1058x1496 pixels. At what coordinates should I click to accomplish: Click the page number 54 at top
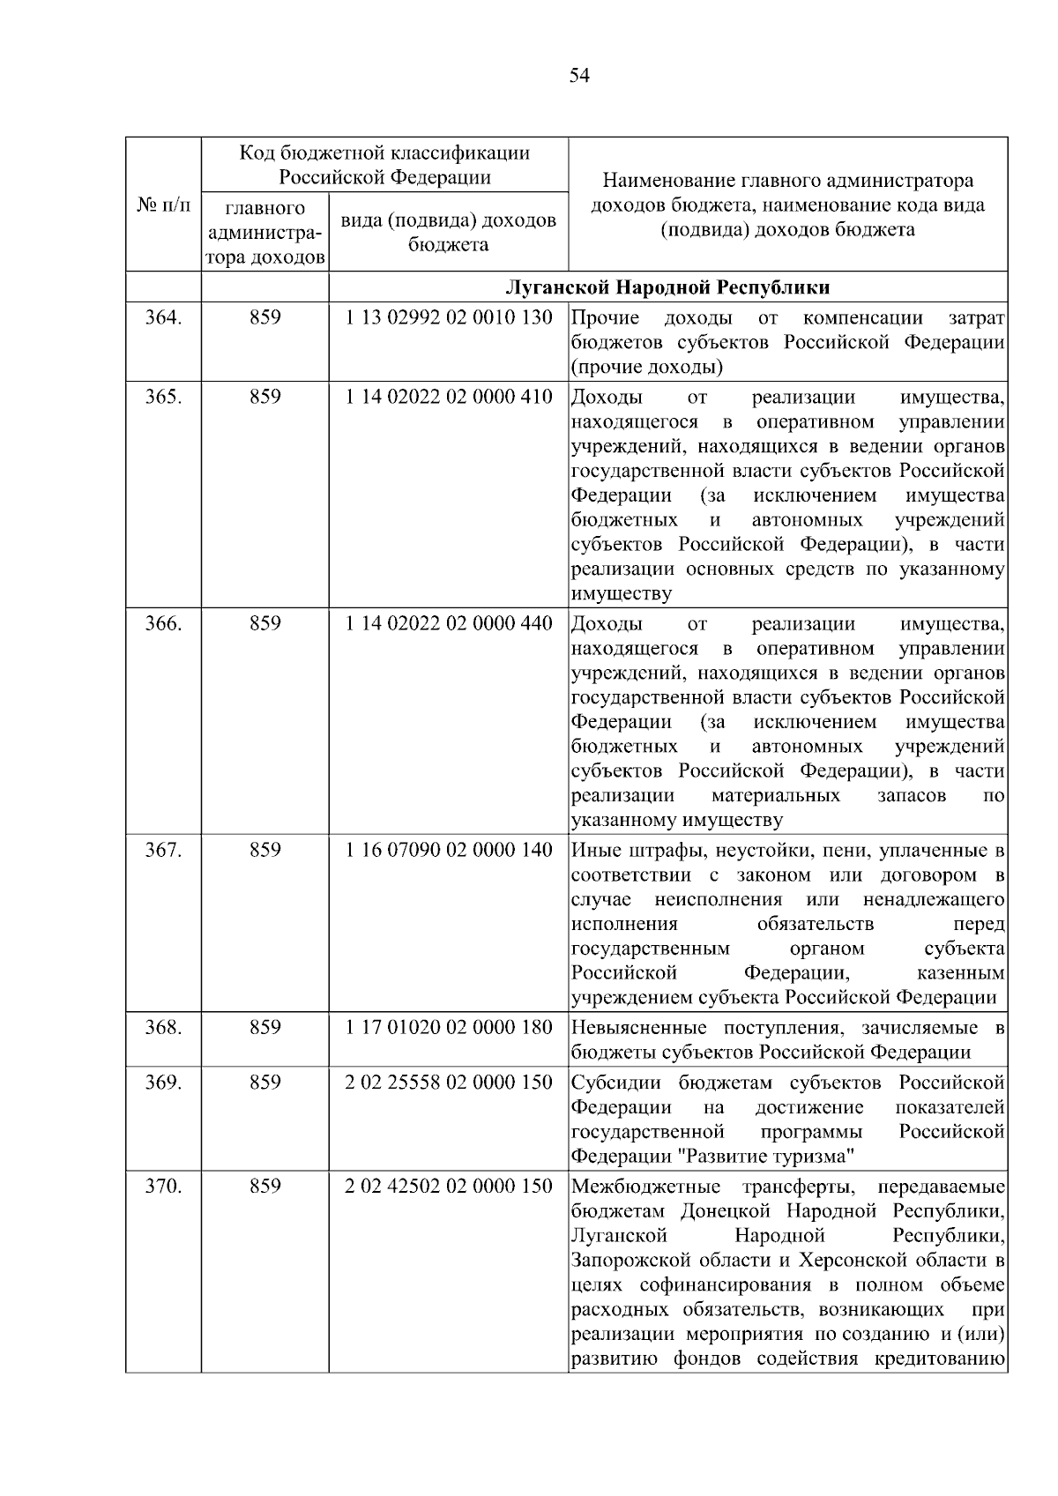578,76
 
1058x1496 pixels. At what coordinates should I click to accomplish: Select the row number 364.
163,318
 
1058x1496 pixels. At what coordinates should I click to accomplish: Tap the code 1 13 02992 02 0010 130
449,318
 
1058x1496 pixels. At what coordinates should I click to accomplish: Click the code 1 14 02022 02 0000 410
449,397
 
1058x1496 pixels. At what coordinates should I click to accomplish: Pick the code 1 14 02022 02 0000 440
449,623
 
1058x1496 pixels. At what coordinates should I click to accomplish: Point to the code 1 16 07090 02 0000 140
449,850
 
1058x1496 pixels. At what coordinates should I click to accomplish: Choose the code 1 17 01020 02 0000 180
449,1027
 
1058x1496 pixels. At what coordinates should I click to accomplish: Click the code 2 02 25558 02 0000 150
449,1082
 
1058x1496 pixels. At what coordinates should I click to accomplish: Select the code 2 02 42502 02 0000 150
449,1186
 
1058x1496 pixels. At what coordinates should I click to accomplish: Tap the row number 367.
163,850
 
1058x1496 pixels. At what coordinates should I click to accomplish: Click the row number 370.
163,1186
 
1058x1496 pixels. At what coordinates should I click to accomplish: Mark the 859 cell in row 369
264,1082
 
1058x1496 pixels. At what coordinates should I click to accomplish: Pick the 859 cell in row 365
264,397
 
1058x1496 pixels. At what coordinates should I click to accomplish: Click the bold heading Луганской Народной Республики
667,288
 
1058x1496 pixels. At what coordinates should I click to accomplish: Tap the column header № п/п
163,205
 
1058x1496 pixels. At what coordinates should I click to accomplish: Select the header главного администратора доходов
264,233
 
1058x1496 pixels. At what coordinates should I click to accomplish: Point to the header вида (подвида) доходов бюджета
449,232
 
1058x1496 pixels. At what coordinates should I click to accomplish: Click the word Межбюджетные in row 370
645,1187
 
